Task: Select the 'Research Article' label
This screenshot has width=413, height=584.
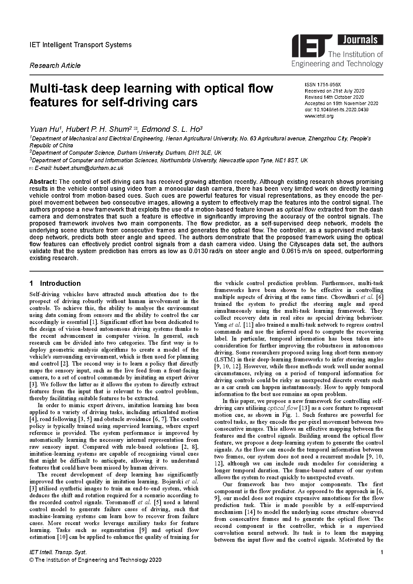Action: (55, 66)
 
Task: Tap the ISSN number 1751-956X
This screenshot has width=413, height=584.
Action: (328, 85)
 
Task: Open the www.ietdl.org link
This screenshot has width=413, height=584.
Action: (319, 116)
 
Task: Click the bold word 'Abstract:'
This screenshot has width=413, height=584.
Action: (43, 182)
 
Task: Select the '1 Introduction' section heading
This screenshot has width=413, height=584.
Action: (55, 283)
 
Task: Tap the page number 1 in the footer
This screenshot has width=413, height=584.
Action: (381, 552)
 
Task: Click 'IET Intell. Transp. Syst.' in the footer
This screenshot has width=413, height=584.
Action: (58, 552)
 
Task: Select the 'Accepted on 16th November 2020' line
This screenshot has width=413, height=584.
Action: (341, 103)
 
